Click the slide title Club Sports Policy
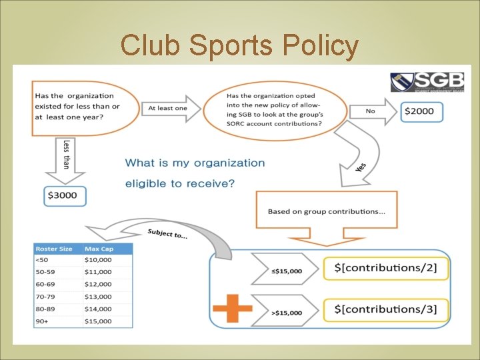239,46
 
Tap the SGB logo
427,81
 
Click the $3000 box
63,195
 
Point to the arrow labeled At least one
172,108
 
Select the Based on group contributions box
327,212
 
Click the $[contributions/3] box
385,309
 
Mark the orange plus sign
232,309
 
